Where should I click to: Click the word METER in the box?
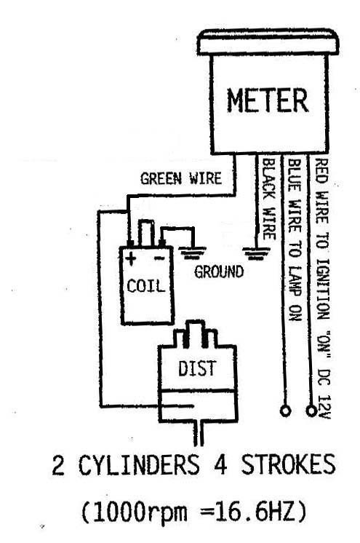(267, 100)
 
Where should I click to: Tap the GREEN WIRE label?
(180, 178)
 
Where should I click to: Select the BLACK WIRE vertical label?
(268, 199)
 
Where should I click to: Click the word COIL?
(145, 286)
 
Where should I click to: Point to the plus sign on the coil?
(131, 258)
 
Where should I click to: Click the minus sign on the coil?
(159, 258)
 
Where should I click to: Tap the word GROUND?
(219, 271)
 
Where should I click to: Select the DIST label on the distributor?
(197, 368)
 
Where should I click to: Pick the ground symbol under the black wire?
(256, 253)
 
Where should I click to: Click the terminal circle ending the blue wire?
(285, 411)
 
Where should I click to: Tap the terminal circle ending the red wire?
(311, 411)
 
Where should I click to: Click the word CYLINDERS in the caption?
(139, 464)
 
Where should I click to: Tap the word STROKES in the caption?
(288, 464)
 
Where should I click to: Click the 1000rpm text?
(140, 512)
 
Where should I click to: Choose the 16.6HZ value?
(255, 511)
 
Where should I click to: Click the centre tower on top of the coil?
(145, 233)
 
